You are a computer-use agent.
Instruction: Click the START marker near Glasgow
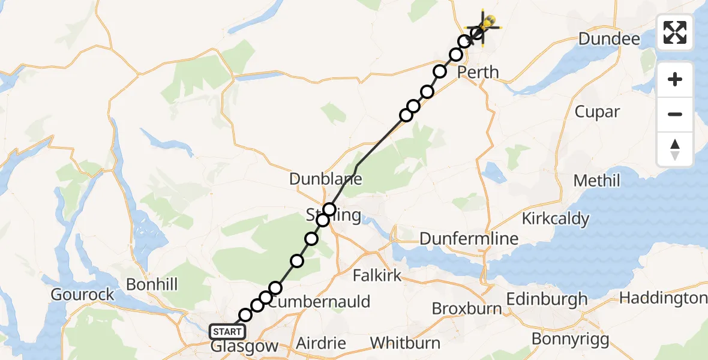(227, 332)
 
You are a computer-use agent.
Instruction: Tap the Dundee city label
(609, 39)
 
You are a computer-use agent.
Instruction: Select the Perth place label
(478, 73)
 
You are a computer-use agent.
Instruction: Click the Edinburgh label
(547, 299)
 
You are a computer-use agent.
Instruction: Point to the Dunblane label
(326, 179)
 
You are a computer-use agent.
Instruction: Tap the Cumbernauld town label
(319, 302)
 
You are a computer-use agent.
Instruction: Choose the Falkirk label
(377, 275)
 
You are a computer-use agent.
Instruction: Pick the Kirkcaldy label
(556, 218)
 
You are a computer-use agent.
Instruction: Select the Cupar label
(597, 112)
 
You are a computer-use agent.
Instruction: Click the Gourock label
(83, 295)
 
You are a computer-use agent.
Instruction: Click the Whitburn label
(405, 343)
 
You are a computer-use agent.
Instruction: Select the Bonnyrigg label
(570, 339)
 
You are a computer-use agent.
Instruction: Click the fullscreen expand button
(675, 32)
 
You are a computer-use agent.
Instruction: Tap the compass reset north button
(675, 149)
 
